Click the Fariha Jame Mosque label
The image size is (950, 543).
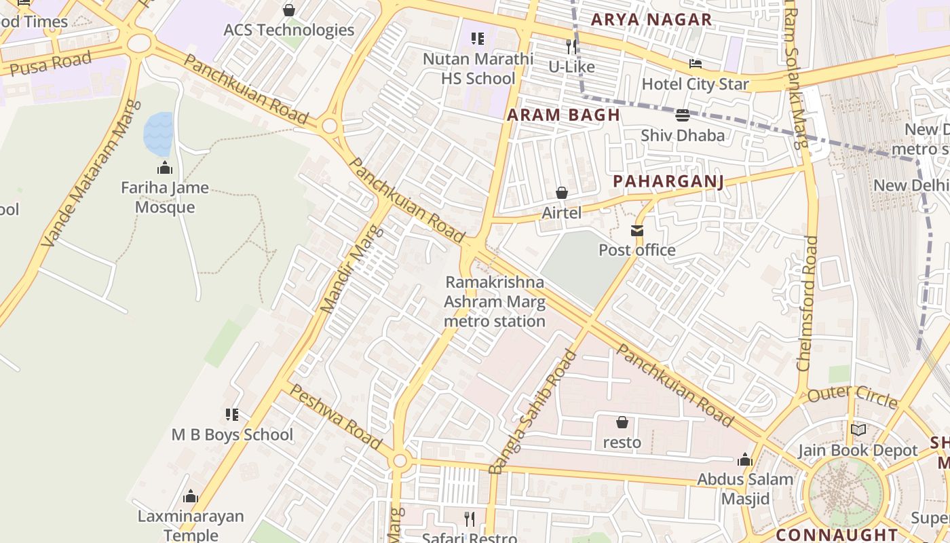[165, 198]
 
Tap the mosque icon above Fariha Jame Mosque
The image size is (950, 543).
[165, 168]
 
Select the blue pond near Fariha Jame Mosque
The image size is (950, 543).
[158, 133]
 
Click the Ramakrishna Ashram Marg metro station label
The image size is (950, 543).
[495, 301]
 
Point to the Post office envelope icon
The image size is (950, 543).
[636, 231]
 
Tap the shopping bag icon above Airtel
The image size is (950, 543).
[561, 193]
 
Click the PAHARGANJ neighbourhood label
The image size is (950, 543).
[668, 181]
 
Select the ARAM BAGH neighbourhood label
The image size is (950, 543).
[564, 115]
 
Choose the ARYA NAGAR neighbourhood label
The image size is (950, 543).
[651, 20]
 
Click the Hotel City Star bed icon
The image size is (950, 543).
[696, 64]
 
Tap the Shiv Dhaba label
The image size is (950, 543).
[683, 135]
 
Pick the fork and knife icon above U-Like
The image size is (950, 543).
[571, 47]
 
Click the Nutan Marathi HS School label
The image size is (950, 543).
[478, 69]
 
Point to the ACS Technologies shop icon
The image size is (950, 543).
[289, 10]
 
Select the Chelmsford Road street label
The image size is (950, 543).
[807, 303]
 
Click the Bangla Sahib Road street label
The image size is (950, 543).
[532, 411]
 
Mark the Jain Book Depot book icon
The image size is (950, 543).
[858, 430]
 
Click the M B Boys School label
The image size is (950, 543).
[232, 434]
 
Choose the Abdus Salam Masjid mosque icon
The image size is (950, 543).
[745, 460]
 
